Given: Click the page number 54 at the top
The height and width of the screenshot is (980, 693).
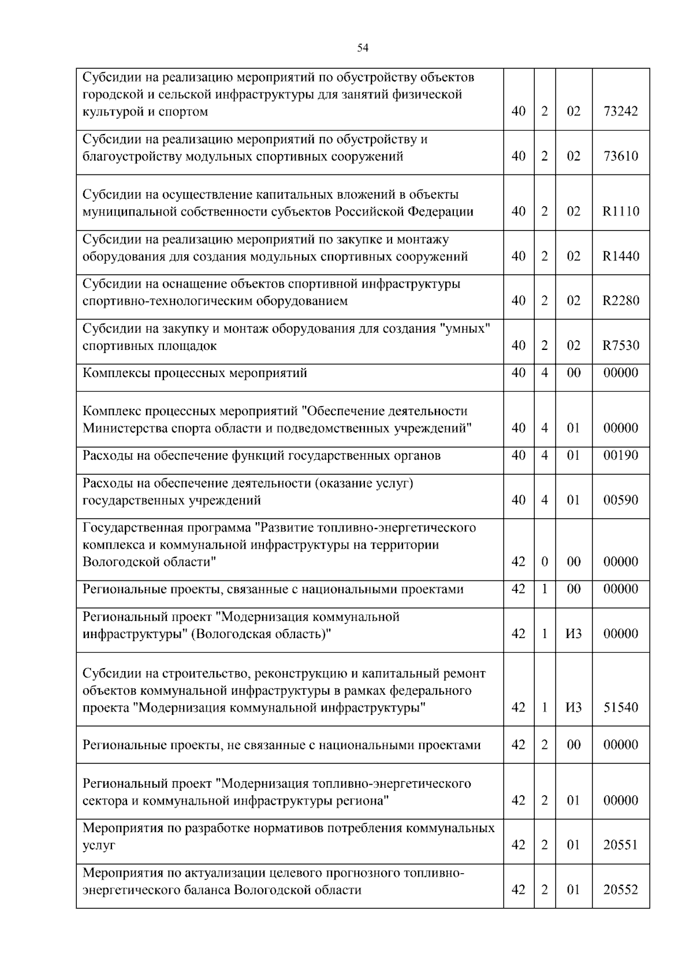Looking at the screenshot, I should pos(363,49).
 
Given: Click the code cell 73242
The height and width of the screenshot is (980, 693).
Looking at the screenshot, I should pos(621,111).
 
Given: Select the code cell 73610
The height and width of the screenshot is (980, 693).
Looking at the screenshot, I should pos(621,156).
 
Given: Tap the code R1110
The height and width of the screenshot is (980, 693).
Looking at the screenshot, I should pos(621,211).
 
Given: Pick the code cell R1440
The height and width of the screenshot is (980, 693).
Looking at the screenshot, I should pos(621,256).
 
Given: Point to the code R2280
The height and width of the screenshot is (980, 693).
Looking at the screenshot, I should pos(621,301).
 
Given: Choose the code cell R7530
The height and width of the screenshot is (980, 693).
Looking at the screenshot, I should pos(621,346).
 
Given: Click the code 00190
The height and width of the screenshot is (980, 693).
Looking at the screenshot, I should pos(621,456).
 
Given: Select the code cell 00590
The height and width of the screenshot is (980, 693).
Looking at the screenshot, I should pos(621,500).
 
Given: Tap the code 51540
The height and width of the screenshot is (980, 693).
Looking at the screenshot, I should pos(621,708).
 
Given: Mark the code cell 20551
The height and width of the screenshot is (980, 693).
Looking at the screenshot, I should pos(621,845).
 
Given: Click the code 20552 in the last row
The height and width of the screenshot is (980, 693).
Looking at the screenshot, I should pos(621,890).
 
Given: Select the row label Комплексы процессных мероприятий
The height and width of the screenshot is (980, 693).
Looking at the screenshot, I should pos(195,373).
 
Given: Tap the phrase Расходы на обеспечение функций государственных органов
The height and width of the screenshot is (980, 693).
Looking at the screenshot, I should pos(262,456).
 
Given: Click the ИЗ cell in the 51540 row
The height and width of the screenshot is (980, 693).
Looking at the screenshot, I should pos(573,708).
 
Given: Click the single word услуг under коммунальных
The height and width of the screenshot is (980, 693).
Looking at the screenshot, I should pos(99,845).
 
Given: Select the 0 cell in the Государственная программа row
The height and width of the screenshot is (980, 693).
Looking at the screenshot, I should pos(545,562).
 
